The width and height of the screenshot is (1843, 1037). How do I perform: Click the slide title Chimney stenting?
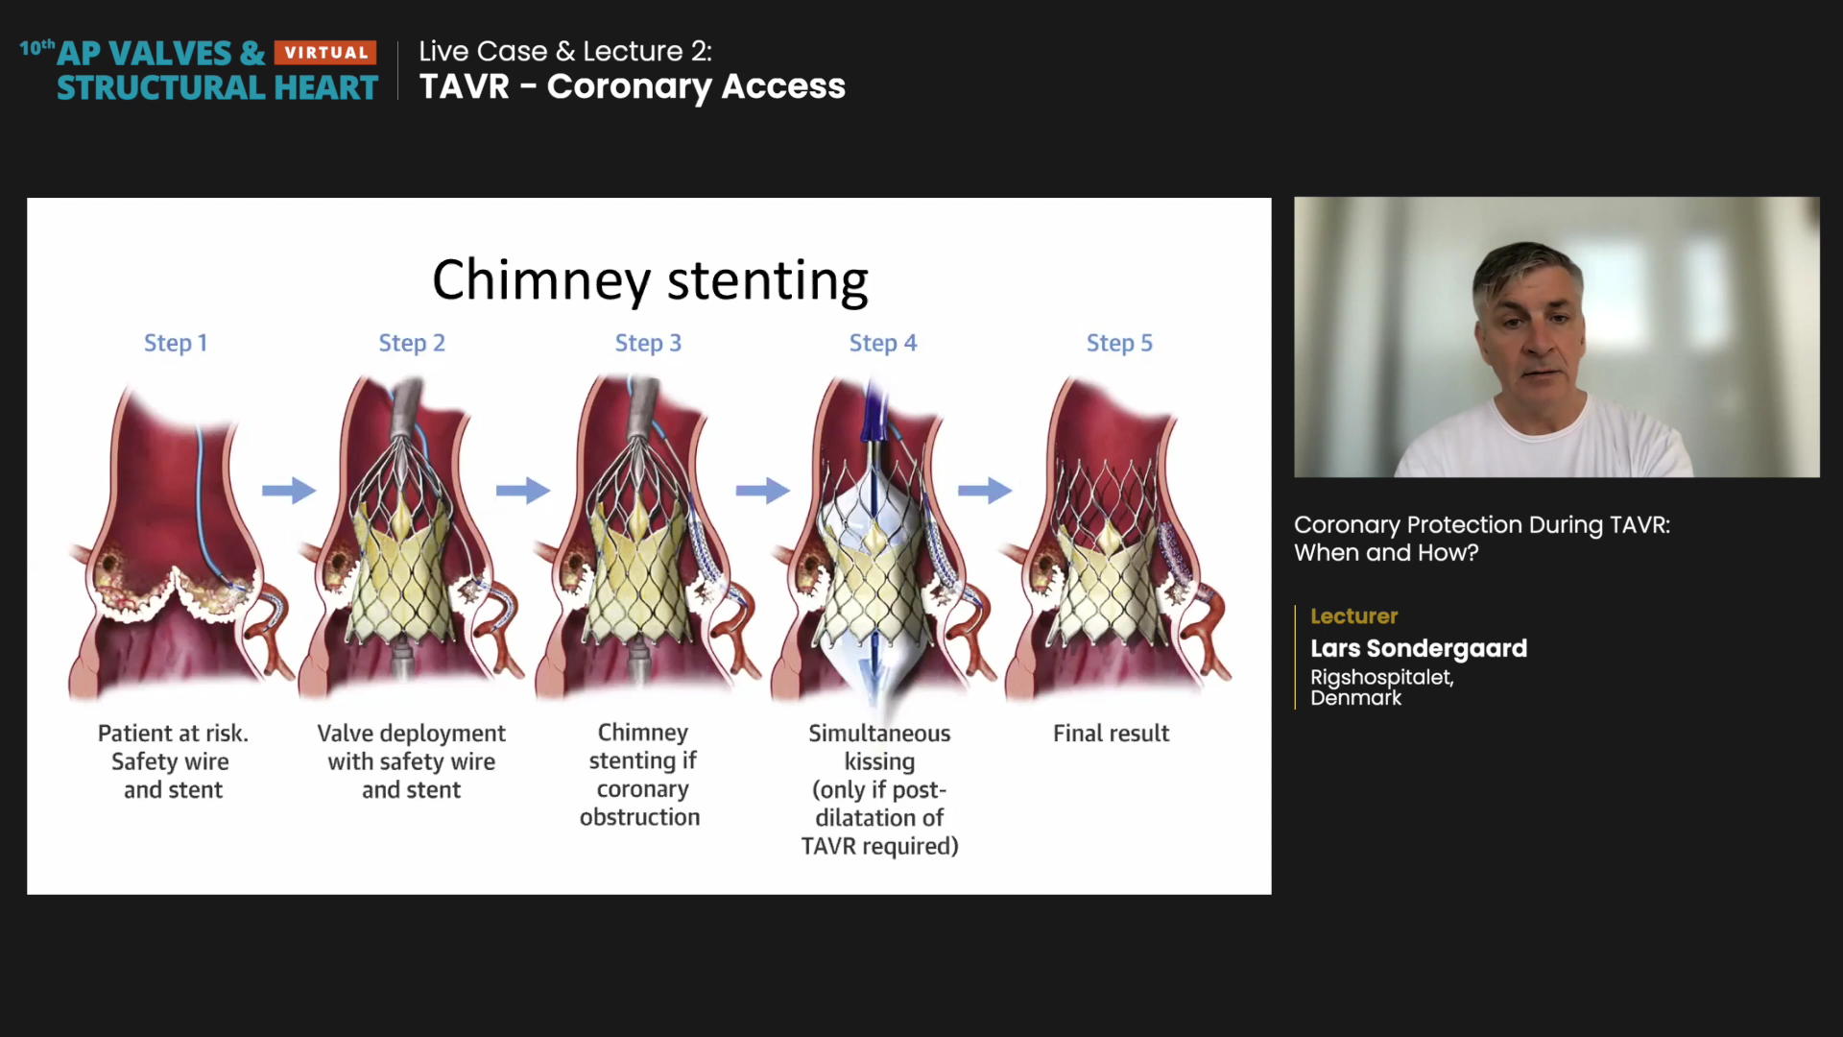tap(650, 280)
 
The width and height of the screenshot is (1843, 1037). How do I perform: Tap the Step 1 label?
tap(176, 343)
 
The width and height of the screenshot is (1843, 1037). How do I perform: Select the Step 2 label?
tap(412, 343)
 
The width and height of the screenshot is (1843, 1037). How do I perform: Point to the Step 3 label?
tap(648, 343)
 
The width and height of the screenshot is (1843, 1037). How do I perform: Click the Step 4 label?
tap(883, 343)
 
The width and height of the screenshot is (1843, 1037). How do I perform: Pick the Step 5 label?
tap(1119, 343)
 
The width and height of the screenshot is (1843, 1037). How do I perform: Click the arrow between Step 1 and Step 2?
tap(289, 491)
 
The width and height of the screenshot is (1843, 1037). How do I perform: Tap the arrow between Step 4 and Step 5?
tap(985, 491)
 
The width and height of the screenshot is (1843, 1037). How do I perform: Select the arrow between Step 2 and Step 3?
tap(523, 491)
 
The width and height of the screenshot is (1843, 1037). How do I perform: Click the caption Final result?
tap(1111, 734)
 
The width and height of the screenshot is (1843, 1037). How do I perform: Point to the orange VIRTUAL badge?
tap(325, 53)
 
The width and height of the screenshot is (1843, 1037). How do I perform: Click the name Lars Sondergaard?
tap(1419, 648)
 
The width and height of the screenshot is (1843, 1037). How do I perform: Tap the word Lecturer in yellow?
tap(1353, 616)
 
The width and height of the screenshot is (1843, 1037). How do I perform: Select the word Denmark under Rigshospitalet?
tap(1355, 698)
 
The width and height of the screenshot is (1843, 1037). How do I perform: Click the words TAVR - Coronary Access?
tap(633, 86)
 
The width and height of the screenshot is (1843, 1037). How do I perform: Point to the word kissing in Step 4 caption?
tap(879, 761)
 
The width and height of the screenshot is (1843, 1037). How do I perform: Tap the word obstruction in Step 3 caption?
tap(639, 817)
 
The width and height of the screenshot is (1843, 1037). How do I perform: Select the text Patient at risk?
tap(173, 734)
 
